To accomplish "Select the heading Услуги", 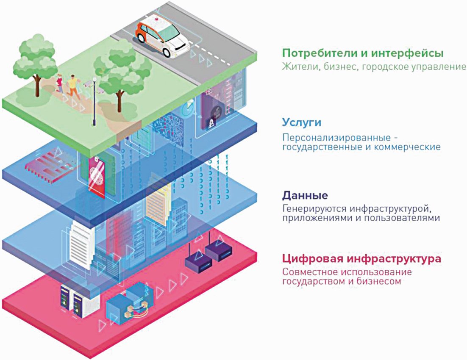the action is click(301, 122).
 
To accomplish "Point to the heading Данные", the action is click(305, 196).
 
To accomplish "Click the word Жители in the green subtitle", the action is click(297, 67).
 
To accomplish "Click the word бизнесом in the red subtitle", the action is click(379, 281).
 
